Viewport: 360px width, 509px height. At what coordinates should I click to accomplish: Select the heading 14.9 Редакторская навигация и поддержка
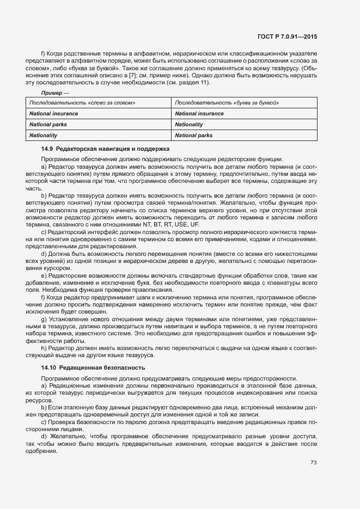click(x=106, y=149)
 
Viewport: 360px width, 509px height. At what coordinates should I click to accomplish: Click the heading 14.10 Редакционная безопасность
click(x=93, y=368)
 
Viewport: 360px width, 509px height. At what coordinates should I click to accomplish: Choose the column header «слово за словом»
click(x=82, y=103)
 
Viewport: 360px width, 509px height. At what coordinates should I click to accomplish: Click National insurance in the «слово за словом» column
click(x=53, y=114)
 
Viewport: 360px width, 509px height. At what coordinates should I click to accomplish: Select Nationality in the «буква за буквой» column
click(x=189, y=125)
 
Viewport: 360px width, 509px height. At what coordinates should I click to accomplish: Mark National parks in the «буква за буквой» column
click(x=194, y=136)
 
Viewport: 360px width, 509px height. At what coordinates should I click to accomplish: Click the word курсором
click(x=57, y=268)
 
